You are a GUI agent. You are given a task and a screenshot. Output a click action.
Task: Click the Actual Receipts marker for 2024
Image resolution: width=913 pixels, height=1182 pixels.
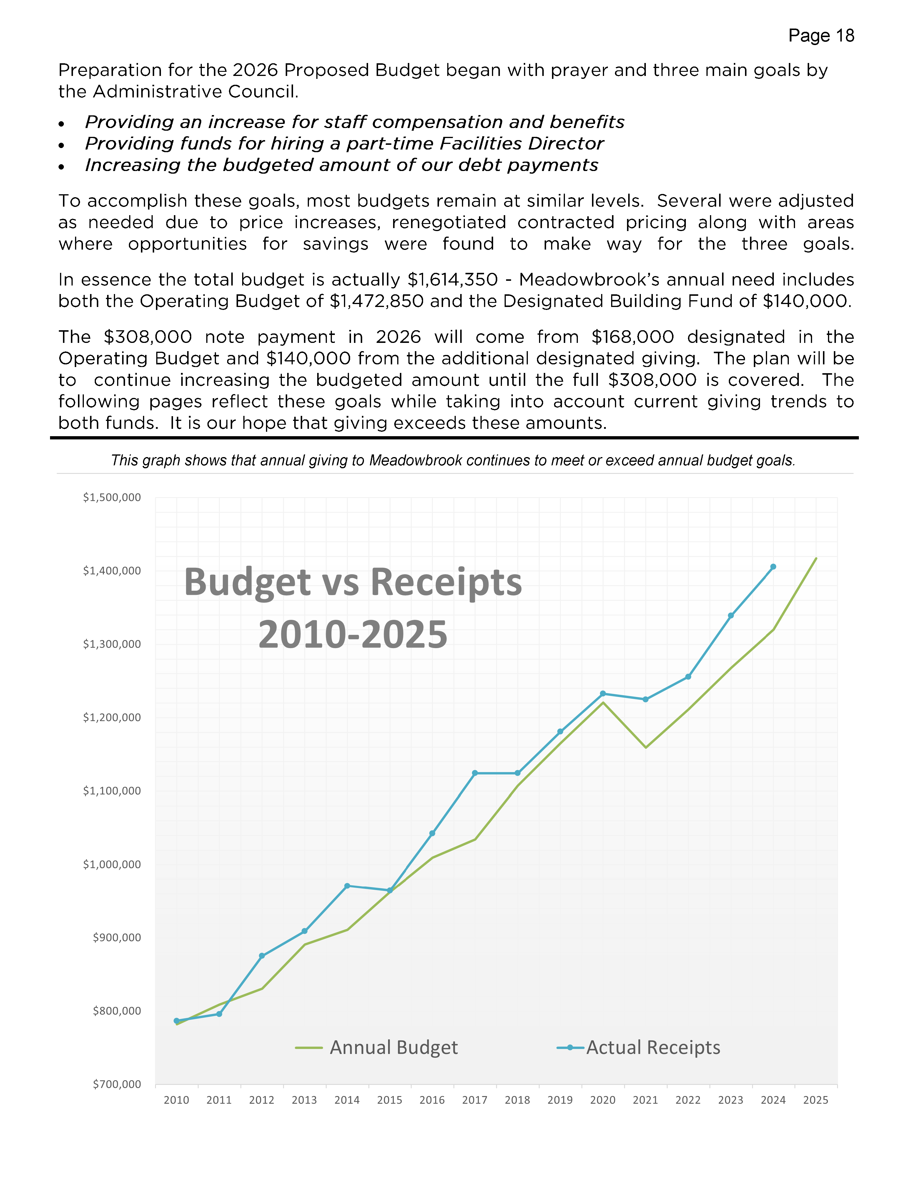773,567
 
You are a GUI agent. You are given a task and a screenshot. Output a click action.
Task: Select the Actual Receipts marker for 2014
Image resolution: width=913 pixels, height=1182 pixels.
347,886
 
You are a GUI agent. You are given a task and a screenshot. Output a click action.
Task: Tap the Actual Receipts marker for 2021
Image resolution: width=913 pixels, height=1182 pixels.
645,699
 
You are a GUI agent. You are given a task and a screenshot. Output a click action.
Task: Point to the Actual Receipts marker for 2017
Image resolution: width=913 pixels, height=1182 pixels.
475,773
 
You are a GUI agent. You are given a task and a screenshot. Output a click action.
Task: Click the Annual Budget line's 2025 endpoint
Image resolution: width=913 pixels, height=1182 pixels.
816,558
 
